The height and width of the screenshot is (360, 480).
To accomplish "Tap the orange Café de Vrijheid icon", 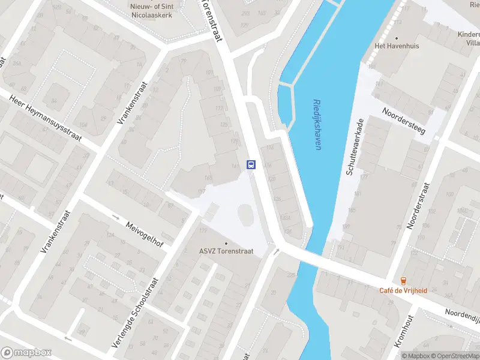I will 403,280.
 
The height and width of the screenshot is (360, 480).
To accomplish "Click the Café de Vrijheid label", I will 403,290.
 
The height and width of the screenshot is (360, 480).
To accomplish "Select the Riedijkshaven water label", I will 316,124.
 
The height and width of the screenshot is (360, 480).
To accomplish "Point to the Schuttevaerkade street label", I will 355,147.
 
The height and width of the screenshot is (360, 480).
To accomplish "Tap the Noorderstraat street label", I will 419,205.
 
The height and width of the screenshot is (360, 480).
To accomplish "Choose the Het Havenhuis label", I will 397,46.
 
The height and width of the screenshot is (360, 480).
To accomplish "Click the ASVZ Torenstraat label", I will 227,252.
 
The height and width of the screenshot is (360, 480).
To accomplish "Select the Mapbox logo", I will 26,352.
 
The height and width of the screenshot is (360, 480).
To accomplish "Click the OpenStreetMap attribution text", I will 454,356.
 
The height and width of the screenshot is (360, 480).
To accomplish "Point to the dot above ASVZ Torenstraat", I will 226,243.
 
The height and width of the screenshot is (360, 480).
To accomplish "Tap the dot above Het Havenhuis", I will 397,37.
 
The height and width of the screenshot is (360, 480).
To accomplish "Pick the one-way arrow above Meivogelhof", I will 116,217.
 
